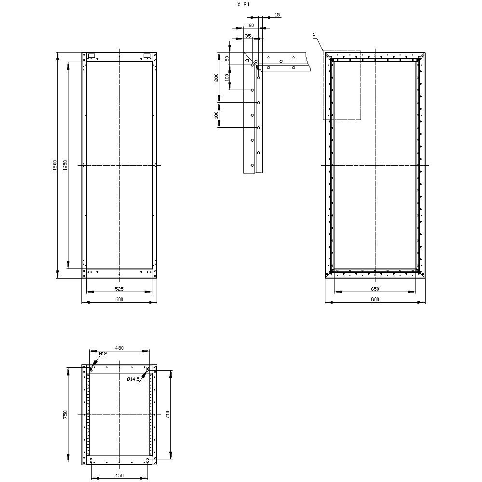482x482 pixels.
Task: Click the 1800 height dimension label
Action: click(55, 165)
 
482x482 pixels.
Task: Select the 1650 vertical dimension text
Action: click(66, 165)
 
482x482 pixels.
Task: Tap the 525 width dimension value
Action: click(119, 289)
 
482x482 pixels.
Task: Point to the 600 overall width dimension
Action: click(119, 299)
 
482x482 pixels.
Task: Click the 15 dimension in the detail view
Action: click(277, 15)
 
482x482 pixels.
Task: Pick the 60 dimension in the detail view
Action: click(251, 25)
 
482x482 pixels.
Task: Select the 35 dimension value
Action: click(248, 36)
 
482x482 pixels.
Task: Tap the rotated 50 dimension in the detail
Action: click(227, 58)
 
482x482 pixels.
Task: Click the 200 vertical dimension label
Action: click(217, 77)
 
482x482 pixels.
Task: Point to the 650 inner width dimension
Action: click(375, 289)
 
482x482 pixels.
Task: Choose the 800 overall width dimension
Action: click(375, 299)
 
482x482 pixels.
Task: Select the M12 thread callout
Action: click(103, 354)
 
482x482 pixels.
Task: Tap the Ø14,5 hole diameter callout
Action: click(134, 379)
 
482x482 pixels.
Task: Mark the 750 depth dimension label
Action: click(66, 415)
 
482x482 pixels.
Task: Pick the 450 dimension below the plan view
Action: click(119, 476)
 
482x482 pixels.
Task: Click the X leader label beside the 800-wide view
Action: click(314, 35)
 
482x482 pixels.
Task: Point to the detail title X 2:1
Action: click(243, 4)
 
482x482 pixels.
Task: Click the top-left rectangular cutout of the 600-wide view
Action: click(92, 55)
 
